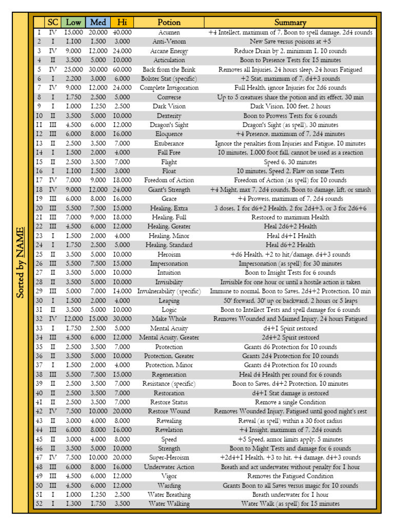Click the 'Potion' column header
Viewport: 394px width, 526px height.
click(169, 22)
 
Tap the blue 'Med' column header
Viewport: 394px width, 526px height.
click(98, 22)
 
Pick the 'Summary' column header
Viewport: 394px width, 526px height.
click(290, 22)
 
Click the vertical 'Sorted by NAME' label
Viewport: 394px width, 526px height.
click(20, 262)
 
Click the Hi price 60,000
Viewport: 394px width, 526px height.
click(122, 69)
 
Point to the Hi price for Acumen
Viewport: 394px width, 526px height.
click(122, 32)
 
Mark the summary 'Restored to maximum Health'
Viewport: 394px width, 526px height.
click(290, 217)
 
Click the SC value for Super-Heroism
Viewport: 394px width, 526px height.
click(53, 458)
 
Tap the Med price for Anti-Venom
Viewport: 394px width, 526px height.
click(98, 42)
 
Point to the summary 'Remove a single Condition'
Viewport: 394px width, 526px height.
click(290, 402)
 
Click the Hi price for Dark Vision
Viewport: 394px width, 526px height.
click(122, 106)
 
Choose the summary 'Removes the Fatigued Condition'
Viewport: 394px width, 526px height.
click(290, 476)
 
